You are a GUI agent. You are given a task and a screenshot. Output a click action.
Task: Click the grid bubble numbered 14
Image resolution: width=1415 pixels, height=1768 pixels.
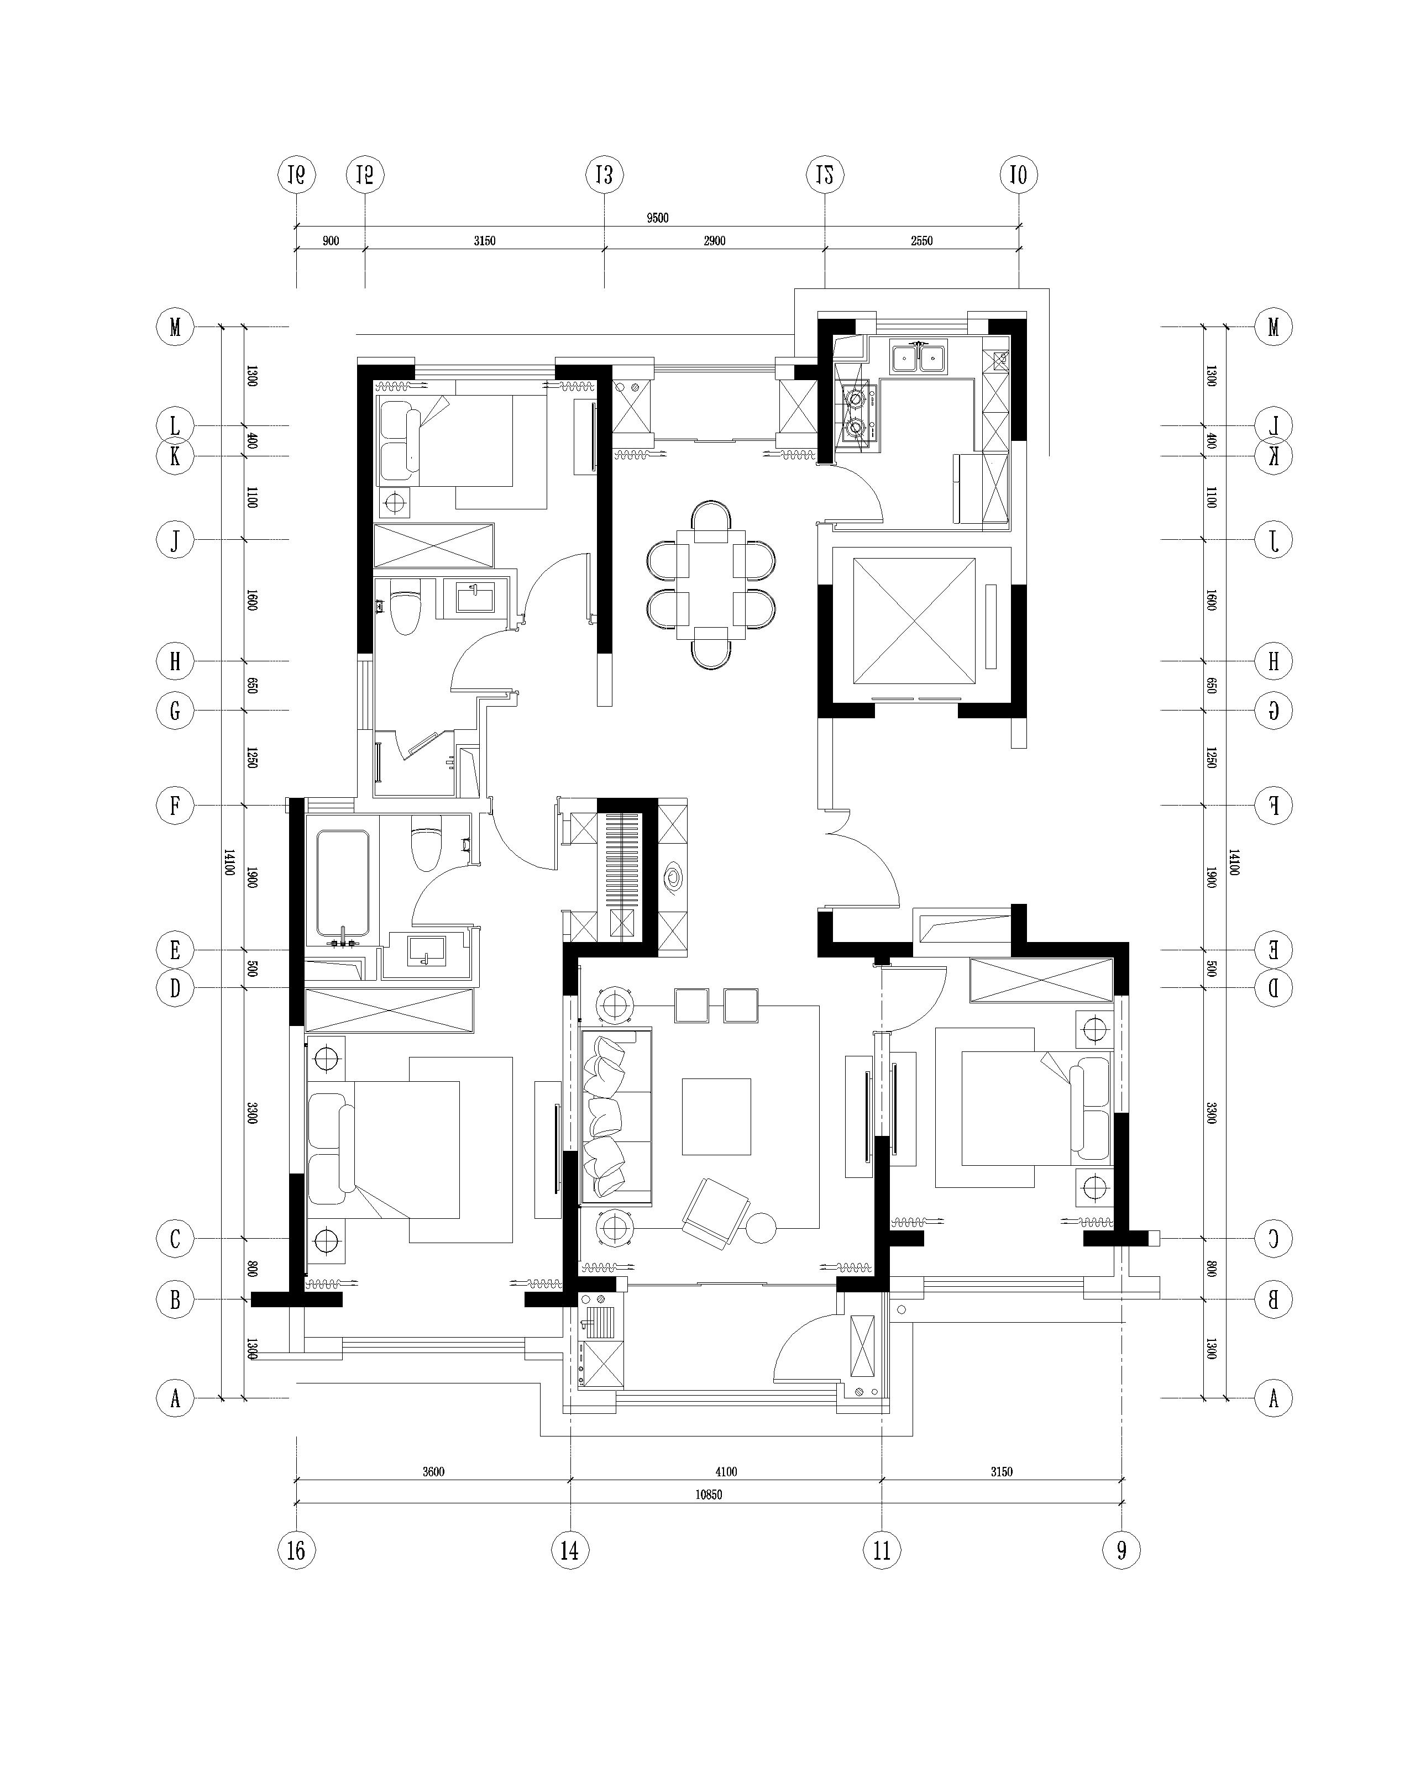[x=569, y=1550]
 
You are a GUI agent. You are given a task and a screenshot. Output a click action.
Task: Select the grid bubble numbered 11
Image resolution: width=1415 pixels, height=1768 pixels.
[x=881, y=1550]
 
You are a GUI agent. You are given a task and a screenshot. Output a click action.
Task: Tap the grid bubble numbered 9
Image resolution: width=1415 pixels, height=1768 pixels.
[x=1121, y=1550]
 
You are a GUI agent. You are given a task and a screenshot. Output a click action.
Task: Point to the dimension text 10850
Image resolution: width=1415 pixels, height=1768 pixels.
[x=708, y=1494]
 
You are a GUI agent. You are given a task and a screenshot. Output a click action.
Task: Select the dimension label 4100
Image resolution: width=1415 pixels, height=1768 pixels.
[x=725, y=1471]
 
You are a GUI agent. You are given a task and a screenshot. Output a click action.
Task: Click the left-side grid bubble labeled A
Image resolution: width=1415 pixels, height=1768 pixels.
[x=175, y=1398]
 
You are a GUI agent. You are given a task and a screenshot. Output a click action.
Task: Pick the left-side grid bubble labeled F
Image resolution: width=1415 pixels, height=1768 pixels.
[x=175, y=806]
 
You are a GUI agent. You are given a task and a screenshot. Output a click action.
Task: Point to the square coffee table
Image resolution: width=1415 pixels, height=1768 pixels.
[x=716, y=1116]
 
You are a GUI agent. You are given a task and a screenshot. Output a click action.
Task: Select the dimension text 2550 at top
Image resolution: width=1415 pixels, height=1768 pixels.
[x=921, y=241]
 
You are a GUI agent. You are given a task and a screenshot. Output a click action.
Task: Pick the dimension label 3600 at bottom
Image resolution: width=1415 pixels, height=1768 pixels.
[x=433, y=1471]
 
